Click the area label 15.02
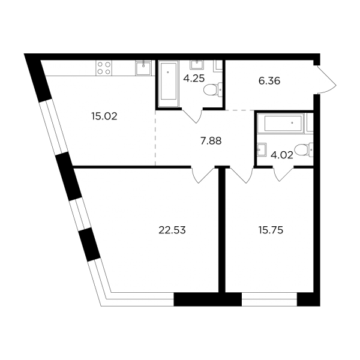tap(104, 116)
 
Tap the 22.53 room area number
tap(172, 230)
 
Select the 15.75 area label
tap(271, 230)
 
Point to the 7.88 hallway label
tap(211, 141)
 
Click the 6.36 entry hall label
tap(269, 81)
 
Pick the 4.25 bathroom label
tap(194, 79)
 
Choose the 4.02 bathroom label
tap(282, 155)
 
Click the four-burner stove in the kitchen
tap(104, 68)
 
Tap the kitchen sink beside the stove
tap(143, 68)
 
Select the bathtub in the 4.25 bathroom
tap(168, 83)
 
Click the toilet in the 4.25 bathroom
tap(213, 89)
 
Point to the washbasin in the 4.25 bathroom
tap(197, 65)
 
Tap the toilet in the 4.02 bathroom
tap(304, 150)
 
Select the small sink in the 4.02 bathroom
tap(262, 149)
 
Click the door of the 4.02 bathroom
tap(283, 175)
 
